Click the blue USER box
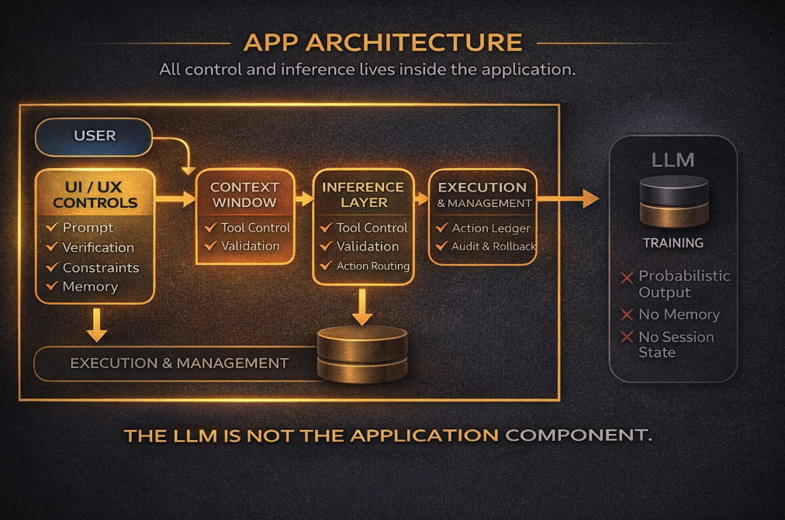(94, 136)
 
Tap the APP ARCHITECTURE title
(383, 42)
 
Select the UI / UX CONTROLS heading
(95, 195)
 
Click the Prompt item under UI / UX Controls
(88, 228)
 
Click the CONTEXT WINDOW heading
(244, 195)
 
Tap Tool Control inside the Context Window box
(255, 228)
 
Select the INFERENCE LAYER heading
(363, 195)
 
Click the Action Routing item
(373, 266)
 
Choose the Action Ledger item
(490, 228)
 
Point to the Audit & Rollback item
(493, 246)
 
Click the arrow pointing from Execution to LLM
(569, 198)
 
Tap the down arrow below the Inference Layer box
(362, 307)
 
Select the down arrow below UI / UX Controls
(97, 325)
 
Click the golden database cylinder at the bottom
(362, 354)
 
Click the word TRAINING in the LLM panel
(673, 243)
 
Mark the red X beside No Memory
(627, 315)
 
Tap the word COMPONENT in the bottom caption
(578, 435)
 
